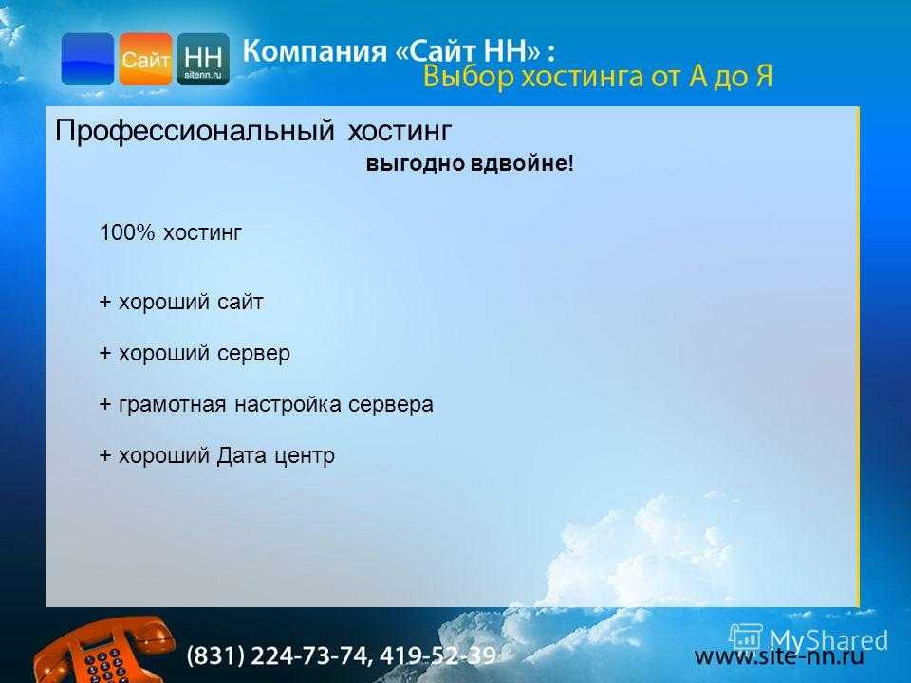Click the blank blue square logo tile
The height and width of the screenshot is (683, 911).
point(87,59)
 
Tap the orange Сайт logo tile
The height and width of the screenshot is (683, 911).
point(145,59)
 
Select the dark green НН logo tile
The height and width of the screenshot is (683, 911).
point(203,59)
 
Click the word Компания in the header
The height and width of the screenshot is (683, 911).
point(314,51)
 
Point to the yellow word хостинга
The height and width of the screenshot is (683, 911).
point(582,77)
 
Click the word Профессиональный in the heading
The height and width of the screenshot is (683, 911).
point(195,131)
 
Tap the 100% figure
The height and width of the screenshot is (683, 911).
point(127,232)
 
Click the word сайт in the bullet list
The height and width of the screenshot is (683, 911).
point(240,302)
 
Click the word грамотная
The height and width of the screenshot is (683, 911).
point(172,405)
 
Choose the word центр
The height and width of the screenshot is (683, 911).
point(305,456)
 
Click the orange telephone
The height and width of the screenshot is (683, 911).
point(102,651)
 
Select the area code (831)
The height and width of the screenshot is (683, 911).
point(215,655)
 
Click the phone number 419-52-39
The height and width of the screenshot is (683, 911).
point(437,655)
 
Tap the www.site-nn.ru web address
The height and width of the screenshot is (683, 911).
point(779,656)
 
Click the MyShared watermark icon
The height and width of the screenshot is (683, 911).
point(746,637)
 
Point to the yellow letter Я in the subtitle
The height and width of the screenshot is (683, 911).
point(764,76)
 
